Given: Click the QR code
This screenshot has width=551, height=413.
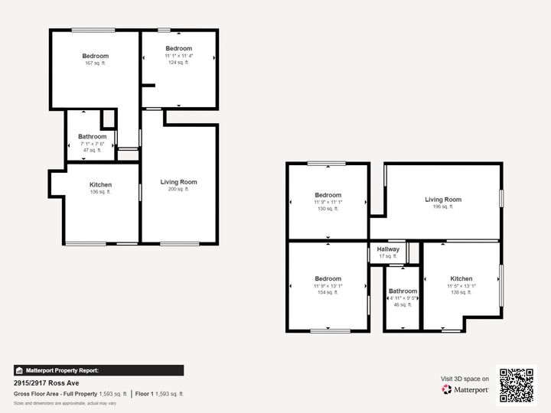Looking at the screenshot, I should pyautogui.click(x=517, y=385).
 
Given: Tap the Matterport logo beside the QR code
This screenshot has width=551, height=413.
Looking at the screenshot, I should pyautogui.click(x=465, y=389).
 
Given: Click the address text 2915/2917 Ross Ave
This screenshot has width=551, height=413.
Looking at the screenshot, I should pyautogui.click(x=46, y=383).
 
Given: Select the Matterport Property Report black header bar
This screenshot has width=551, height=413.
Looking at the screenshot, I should pyautogui.click(x=99, y=370).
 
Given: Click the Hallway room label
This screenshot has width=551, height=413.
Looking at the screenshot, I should pyautogui.click(x=388, y=249).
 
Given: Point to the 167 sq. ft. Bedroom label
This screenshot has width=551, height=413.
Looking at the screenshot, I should pyautogui.click(x=96, y=56).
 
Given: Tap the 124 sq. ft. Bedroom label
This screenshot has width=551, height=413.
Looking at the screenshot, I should pyautogui.click(x=178, y=49).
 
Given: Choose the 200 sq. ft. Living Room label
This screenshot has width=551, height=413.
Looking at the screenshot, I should pyautogui.click(x=178, y=182).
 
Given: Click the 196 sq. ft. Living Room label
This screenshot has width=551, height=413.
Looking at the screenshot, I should pyautogui.click(x=443, y=200).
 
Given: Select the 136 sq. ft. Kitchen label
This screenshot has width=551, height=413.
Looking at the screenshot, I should pyautogui.click(x=100, y=185).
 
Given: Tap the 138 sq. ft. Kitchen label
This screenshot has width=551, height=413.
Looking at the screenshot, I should pyautogui.click(x=461, y=279).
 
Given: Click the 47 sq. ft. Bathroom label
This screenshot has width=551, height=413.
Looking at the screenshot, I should pyautogui.click(x=92, y=137).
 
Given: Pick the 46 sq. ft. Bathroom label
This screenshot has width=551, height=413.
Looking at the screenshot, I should pyautogui.click(x=403, y=291).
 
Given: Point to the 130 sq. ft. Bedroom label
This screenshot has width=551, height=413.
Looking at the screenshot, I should pyautogui.click(x=328, y=195).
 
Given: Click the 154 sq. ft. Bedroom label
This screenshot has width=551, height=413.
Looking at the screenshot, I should pyautogui.click(x=328, y=279).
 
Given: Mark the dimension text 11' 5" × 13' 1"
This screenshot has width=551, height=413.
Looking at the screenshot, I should pyautogui.click(x=461, y=286).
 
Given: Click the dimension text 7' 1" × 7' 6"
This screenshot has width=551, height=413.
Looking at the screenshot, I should pyautogui.click(x=92, y=144).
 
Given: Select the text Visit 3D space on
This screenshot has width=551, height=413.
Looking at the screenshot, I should pyautogui.click(x=465, y=379).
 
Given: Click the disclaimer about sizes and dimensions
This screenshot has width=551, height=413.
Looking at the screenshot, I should pyautogui.click(x=64, y=403).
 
